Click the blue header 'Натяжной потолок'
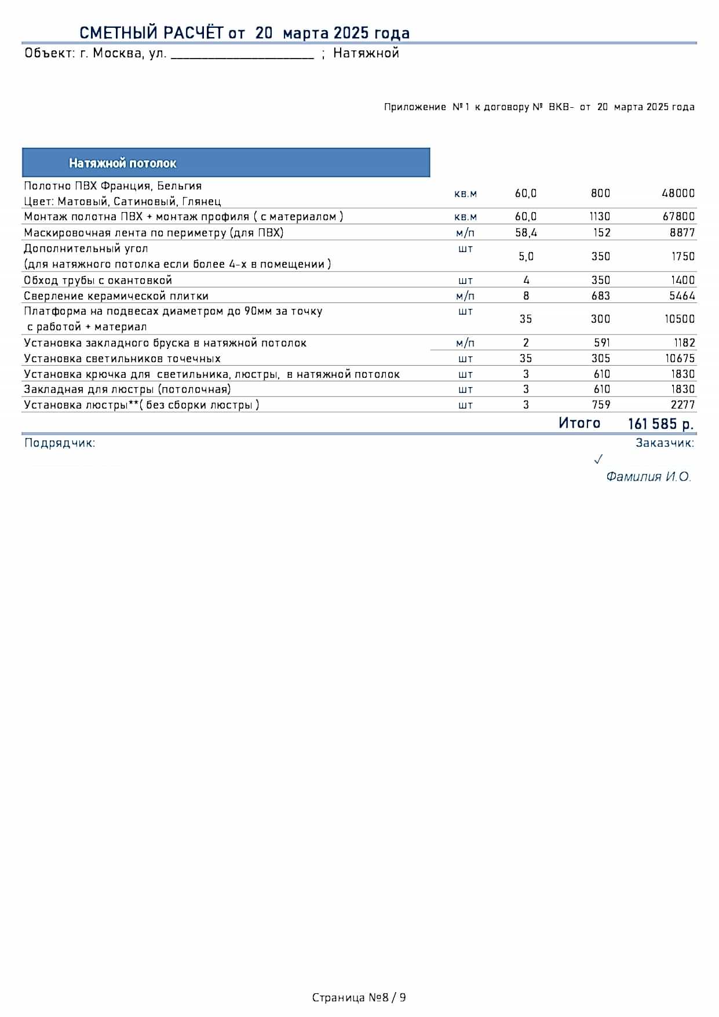point(226,163)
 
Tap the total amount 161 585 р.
point(660,424)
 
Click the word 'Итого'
point(579,423)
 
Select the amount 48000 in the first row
point(678,194)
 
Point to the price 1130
point(600,217)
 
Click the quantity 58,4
point(525,233)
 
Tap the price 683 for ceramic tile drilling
point(600,296)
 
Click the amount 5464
point(682,296)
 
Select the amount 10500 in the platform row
point(680,319)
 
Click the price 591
point(601,343)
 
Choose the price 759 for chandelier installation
point(601,405)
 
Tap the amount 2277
point(682,405)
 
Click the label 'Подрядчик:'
point(60,443)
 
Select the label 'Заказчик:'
point(665,443)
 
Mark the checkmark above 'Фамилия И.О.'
point(598,460)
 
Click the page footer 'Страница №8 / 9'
point(359,997)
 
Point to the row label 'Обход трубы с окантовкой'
point(98,280)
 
